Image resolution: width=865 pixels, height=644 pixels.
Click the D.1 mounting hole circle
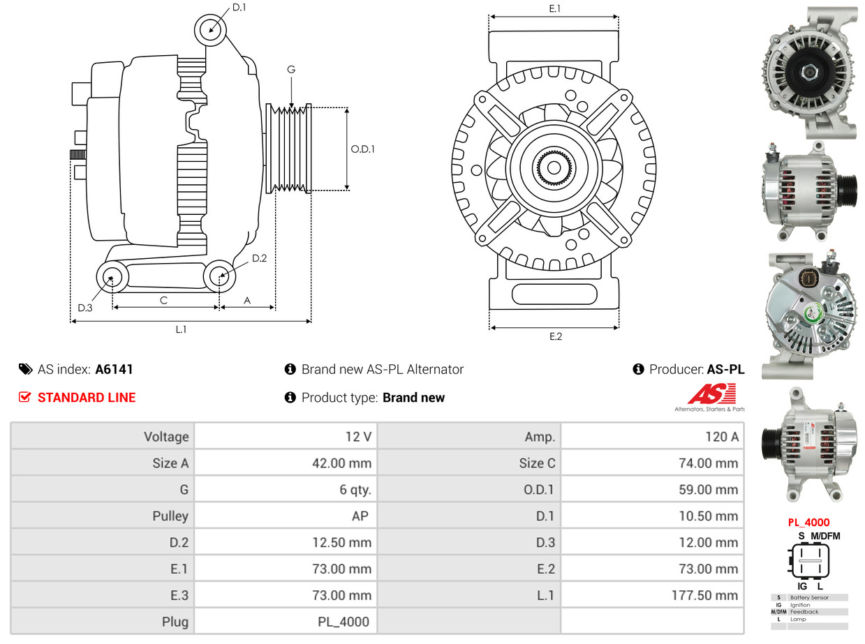coord(210,30)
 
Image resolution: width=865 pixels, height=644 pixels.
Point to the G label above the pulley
coord(291,70)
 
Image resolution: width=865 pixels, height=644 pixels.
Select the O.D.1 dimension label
coord(362,149)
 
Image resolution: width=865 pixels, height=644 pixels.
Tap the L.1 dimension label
coord(181,329)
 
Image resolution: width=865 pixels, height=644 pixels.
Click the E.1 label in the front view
coord(555,8)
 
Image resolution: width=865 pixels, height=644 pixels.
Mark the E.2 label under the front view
coord(555,336)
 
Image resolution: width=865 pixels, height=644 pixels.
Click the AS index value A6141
coord(114,370)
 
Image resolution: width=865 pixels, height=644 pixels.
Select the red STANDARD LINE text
coord(87,398)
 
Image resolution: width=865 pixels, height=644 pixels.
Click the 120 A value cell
coord(721,437)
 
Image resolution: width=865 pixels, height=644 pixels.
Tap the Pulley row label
coord(170,516)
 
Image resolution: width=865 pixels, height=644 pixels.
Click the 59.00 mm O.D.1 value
coord(708,490)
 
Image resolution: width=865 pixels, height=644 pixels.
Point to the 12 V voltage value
coord(357,437)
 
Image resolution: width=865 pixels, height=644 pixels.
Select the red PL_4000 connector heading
coord(808,522)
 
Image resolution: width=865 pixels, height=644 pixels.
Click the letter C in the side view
coord(163,301)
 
